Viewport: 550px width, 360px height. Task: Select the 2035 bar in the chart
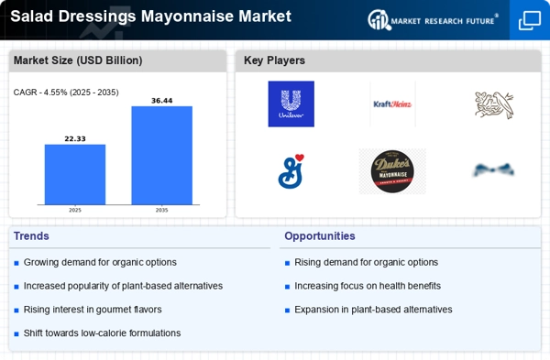161,155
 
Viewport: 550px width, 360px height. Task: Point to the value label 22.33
75,138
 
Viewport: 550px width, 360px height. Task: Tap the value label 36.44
161,101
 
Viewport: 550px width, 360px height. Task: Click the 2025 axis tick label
75,210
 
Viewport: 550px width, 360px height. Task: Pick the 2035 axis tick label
161,210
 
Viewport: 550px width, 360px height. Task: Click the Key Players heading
274,61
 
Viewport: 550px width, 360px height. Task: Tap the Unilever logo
291,104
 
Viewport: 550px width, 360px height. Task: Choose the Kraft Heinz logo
392,104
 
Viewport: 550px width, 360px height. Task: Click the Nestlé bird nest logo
494,104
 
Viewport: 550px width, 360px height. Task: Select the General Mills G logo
291,170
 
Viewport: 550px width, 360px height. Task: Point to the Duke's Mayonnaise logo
392,170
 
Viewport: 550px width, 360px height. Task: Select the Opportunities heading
320,236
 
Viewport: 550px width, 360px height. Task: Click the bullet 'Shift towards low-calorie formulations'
102,333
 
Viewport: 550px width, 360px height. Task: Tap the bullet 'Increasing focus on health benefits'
368,286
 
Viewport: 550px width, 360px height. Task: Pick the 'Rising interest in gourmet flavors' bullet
93,310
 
